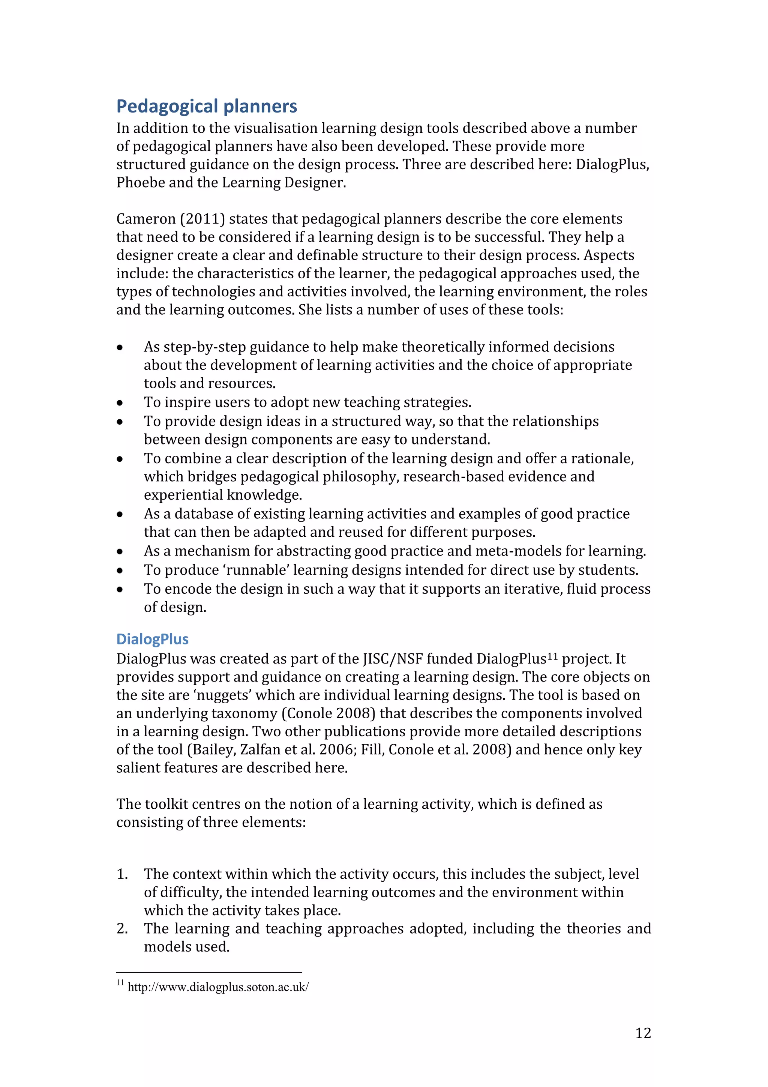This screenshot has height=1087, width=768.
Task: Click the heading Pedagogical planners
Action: (206, 107)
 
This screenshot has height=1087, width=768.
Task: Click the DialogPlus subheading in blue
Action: (152, 639)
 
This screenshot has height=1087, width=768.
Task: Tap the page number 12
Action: (643, 1033)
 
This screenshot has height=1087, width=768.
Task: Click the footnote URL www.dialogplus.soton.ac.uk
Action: (218, 987)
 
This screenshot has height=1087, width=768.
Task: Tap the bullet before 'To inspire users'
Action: (120, 403)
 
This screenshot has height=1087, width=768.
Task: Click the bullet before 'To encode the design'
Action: (120, 590)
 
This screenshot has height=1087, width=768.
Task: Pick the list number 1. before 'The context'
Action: (122, 874)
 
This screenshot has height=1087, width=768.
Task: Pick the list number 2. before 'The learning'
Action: (122, 928)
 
